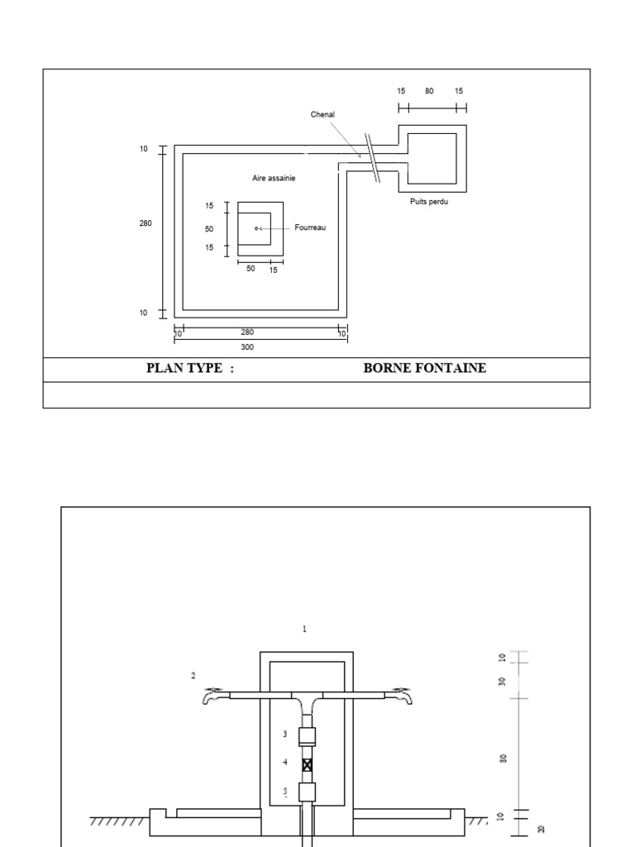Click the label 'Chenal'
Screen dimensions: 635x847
click(322, 114)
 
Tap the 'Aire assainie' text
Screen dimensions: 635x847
click(274, 178)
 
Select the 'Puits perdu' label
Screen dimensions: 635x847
click(428, 201)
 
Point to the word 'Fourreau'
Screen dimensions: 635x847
click(311, 227)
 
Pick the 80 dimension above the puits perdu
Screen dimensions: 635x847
click(429, 91)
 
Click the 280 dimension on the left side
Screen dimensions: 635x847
click(146, 223)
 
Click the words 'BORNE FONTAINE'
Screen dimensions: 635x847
click(424, 368)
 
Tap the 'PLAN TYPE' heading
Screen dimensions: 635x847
click(190, 368)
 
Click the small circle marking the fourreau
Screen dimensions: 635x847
click(256, 227)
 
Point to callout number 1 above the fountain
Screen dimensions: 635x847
click(303, 629)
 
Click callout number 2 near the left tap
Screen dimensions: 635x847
click(193, 675)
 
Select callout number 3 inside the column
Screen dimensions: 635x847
click(284, 734)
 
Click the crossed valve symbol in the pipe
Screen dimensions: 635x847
click(308, 765)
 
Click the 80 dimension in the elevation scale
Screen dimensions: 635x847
click(503, 758)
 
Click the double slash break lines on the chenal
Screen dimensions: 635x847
click(375, 159)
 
